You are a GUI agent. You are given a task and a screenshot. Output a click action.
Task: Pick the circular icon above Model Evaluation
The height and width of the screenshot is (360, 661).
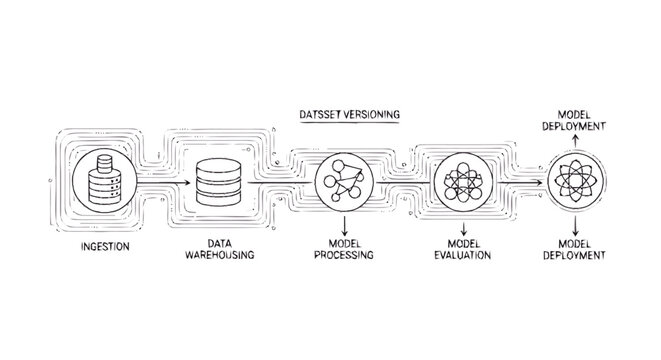pos(463,183)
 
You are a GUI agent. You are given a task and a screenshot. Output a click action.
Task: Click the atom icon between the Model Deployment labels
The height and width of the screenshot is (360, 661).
pos(577,183)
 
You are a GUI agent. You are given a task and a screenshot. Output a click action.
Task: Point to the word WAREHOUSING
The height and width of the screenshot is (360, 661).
pos(220,256)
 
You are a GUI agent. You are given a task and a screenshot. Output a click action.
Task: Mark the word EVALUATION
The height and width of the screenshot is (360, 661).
pos(462,256)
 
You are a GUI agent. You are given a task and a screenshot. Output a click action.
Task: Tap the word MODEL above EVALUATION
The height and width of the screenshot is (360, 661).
pos(462,243)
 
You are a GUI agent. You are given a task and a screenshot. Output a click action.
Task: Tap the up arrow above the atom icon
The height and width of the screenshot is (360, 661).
pos(577,141)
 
